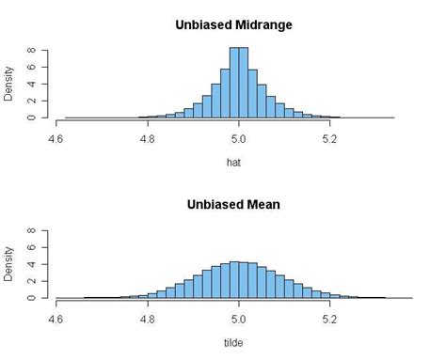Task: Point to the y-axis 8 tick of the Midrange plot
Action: [x=31, y=50]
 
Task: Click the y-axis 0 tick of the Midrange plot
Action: [x=31, y=117]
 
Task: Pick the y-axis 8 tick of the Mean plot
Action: [x=31, y=229]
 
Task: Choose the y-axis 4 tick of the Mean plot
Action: [x=31, y=263]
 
